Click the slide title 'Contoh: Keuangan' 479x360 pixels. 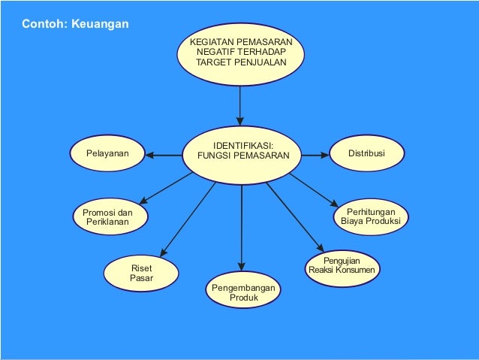[75, 25]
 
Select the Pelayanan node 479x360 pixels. [106, 154]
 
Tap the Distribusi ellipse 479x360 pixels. [366, 153]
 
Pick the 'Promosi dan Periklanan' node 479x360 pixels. [108, 217]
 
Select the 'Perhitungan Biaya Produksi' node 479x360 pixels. [370, 216]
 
